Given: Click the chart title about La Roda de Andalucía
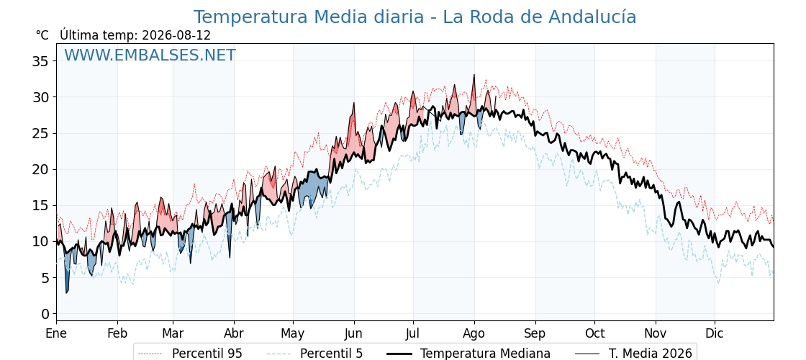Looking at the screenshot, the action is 415,17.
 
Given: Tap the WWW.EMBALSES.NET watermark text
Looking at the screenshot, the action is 150,55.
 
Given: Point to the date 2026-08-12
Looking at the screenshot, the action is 176,35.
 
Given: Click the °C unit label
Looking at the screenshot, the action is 42,35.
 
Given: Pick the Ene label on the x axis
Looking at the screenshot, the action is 57,333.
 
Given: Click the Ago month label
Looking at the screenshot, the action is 474,334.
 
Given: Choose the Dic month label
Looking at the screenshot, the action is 715,333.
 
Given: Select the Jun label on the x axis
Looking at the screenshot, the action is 353,333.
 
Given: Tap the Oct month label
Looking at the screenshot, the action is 594,333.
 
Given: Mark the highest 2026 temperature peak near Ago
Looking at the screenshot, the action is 474,75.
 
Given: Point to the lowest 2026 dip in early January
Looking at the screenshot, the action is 66,292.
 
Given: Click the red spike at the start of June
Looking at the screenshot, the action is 353,104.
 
